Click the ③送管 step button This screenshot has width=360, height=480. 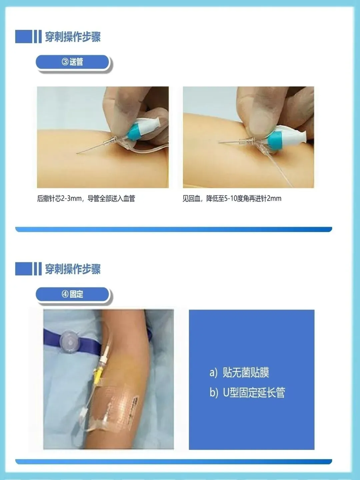click(x=72, y=62)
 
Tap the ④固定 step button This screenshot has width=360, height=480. click(x=72, y=294)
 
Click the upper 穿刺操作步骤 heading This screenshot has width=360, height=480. click(x=73, y=37)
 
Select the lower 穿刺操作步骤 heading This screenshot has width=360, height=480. click(x=73, y=269)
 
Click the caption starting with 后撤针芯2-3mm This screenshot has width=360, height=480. click(x=86, y=199)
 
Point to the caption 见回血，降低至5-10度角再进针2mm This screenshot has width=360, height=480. click(x=232, y=199)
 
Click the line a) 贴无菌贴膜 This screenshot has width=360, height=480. click(x=239, y=372)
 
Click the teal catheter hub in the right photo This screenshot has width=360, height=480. click(x=275, y=141)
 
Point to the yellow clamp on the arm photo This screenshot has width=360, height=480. click(x=98, y=377)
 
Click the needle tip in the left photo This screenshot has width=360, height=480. click(x=77, y=153)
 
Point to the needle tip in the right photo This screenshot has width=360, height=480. click(x=219, y=142)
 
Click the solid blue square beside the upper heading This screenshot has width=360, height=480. click(x=23, y=37)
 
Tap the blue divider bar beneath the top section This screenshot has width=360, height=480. click(x=174, y=229)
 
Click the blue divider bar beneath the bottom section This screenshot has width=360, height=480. click(x=174, y=462)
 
